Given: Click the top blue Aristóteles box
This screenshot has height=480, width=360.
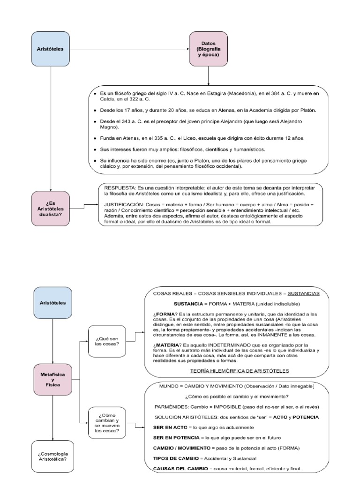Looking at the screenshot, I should pyautogui.click(x=50, y=49).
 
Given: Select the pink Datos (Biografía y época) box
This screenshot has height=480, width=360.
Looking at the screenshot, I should pyautogui.click(x=208, y=49).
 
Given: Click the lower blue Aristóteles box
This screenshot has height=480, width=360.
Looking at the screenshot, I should pyautogui.click(x=52, y=303).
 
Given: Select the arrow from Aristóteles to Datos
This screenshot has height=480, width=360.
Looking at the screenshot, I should pyautogui.click(x=129, y=49).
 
